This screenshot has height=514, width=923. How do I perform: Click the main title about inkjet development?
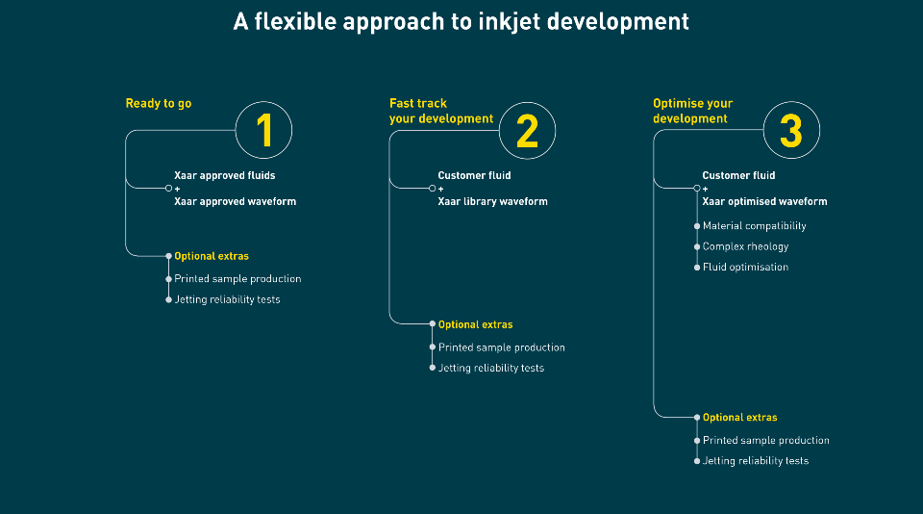click(461, 22)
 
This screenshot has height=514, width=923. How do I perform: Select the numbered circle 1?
click(263, 130)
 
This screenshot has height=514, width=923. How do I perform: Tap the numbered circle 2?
click(528, 130)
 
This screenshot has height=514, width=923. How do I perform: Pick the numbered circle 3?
click(791, 130)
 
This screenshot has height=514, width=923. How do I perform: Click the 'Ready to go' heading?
click(159, 104)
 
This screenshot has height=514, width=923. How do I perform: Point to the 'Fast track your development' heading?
click(441, 111)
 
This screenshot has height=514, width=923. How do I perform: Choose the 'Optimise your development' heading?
click(693, 111)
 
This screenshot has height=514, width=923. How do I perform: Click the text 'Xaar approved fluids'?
click(225, 175)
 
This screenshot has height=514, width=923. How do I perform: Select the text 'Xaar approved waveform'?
click(235, 201)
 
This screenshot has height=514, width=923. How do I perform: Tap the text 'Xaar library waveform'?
click(492, 201)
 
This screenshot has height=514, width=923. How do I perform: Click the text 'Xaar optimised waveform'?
click(764, 201)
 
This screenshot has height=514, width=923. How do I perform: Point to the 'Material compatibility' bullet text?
click(754, 226)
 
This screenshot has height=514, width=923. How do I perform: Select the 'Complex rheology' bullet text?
click(745, 246)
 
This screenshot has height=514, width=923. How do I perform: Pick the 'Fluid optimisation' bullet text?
click(745, 267)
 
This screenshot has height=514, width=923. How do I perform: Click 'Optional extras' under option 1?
click(212, 256)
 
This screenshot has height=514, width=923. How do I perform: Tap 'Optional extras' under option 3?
click(740, 418)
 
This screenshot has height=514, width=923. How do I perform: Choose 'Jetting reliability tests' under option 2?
click(491, 368)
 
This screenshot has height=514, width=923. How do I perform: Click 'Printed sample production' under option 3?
click(766, 440)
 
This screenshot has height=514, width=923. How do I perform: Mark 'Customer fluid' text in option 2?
click(474, 175)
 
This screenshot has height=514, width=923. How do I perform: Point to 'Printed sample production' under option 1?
click(237, 279)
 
